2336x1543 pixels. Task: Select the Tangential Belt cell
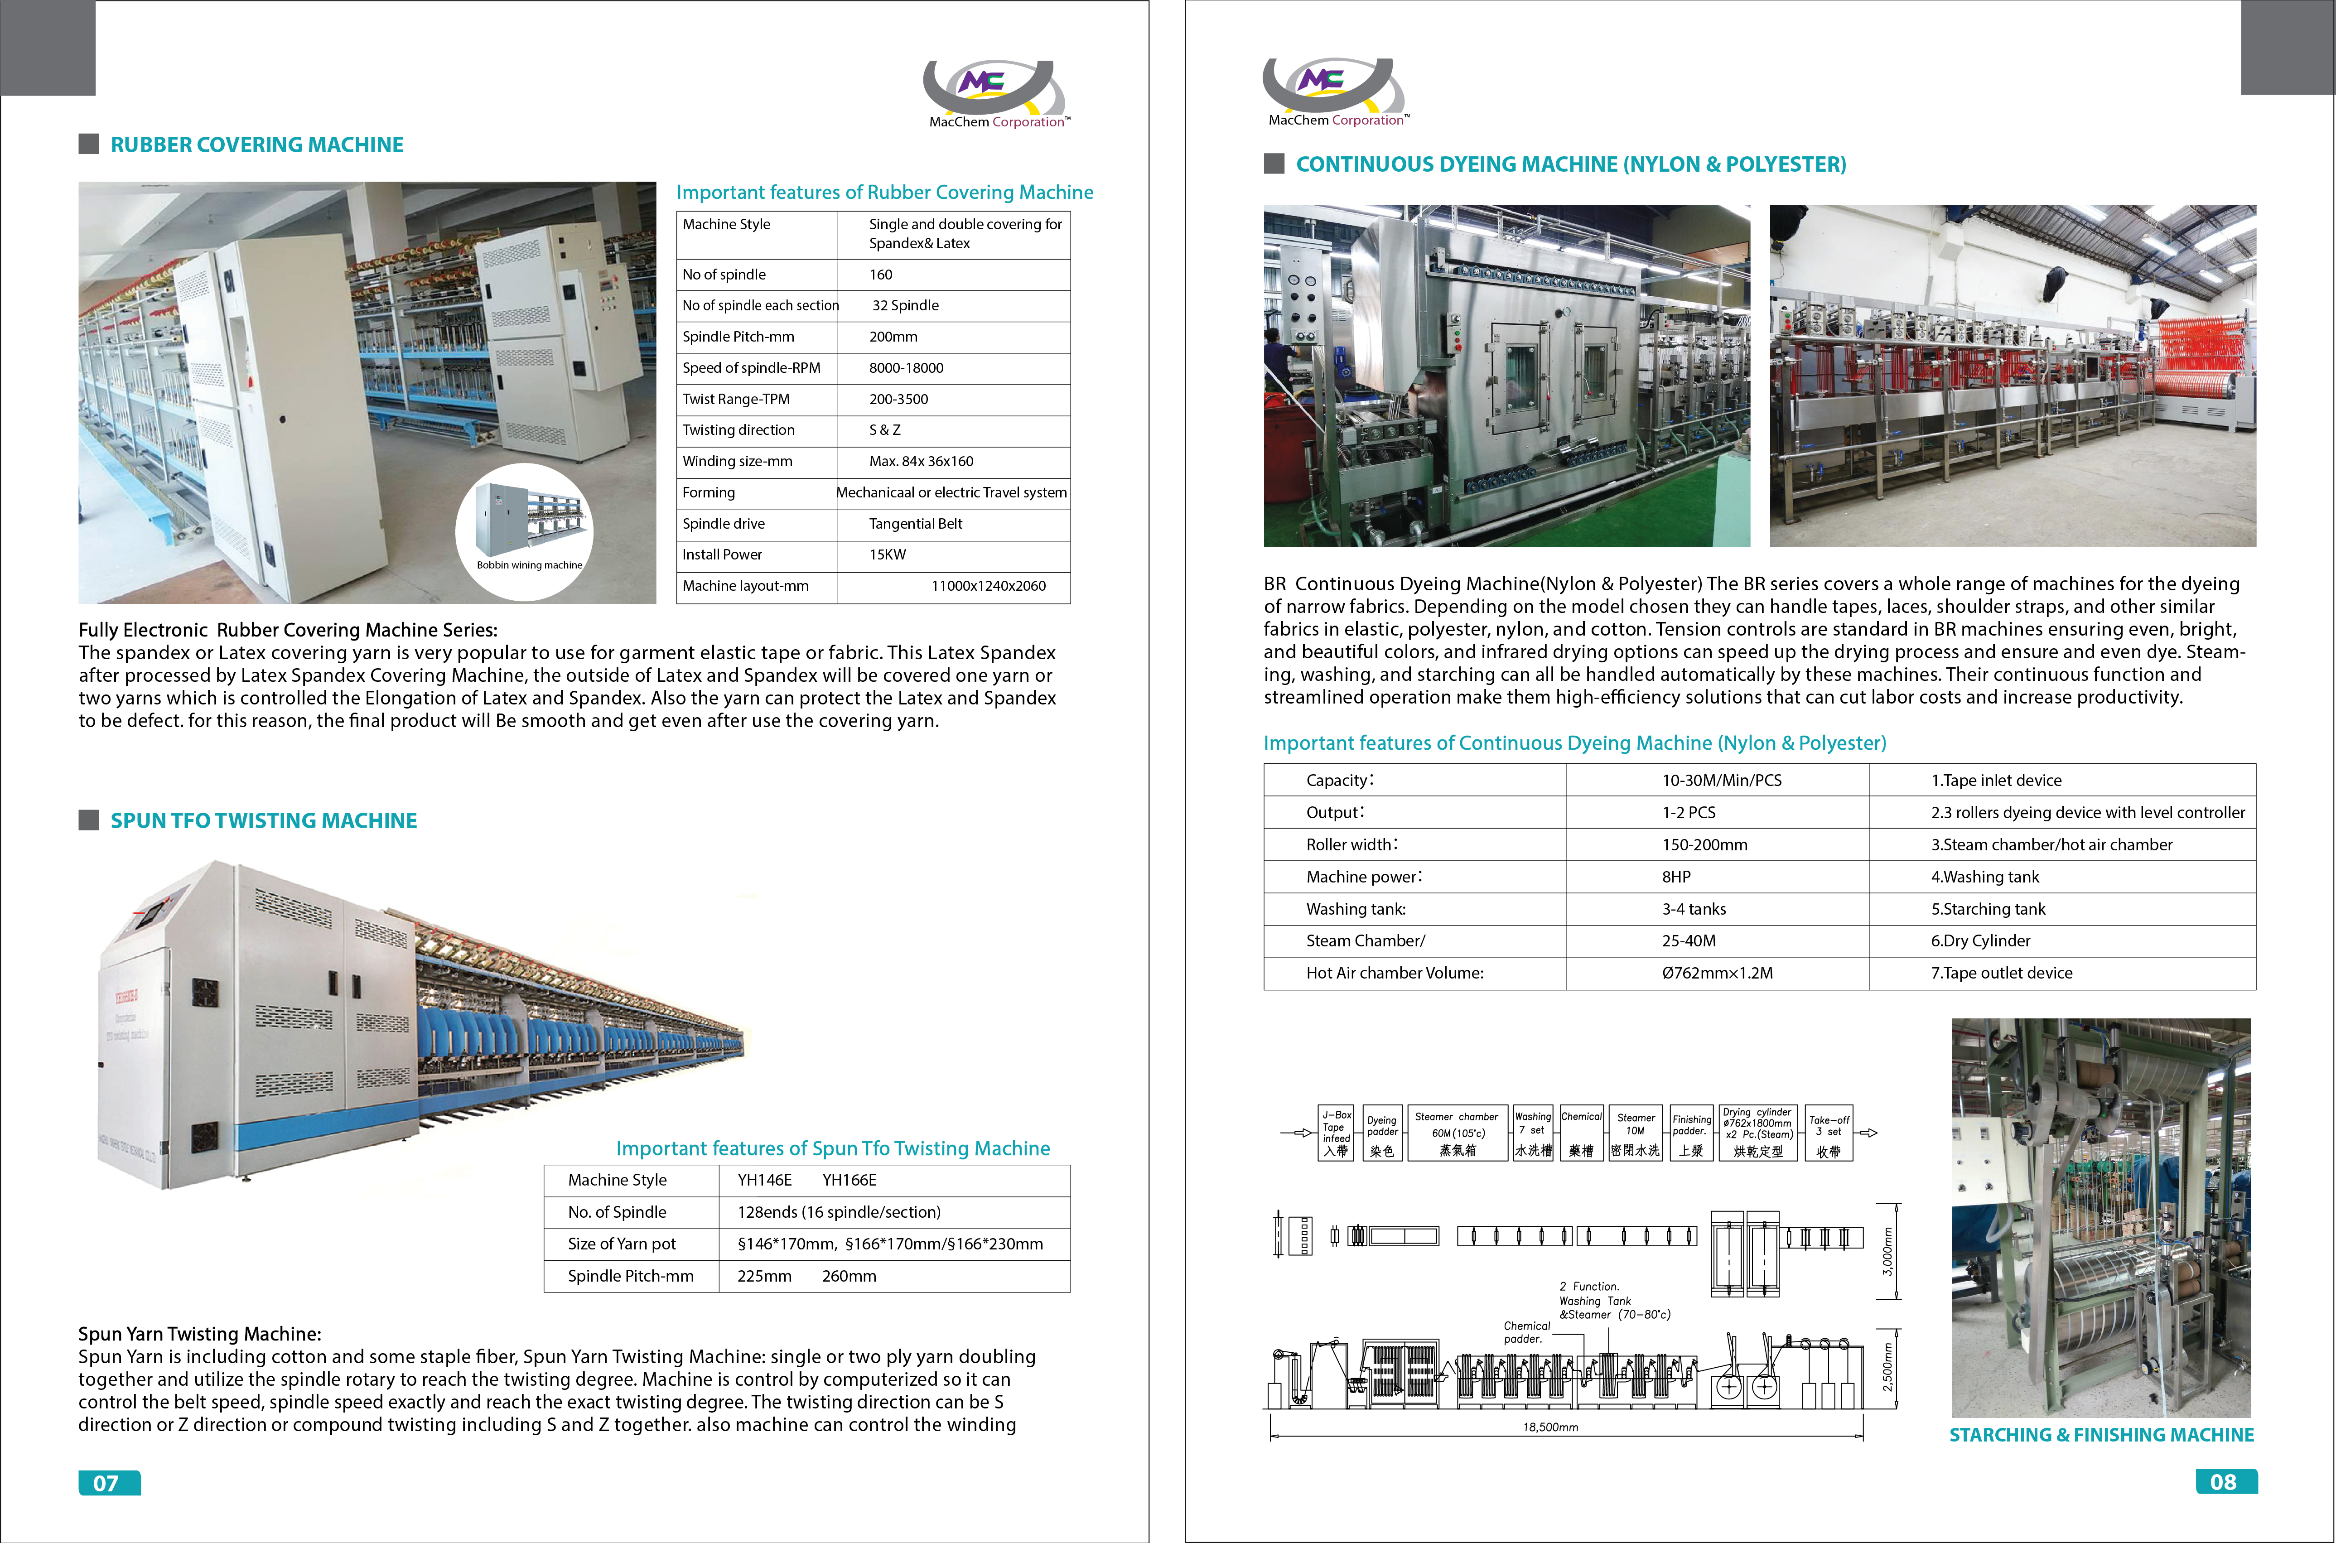click(x=915, y=524)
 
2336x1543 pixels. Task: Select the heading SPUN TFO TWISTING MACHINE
click(x=264, y=821)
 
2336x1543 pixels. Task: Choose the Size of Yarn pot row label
click(x=622, y=1244)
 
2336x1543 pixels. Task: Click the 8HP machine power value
click(x=1677, y=877)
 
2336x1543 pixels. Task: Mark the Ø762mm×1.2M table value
click(x=1717, y=973)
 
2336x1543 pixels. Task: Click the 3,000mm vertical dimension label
click(x=1887, y=1252)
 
